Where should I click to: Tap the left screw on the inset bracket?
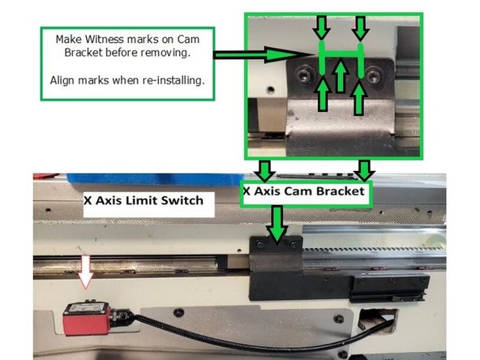coord(302,75)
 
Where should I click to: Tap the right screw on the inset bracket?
coord(374,75)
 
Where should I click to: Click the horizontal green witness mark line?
coord(341,55)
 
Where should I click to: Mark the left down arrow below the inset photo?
coord(264,170)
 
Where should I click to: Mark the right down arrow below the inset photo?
coord(364,170)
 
